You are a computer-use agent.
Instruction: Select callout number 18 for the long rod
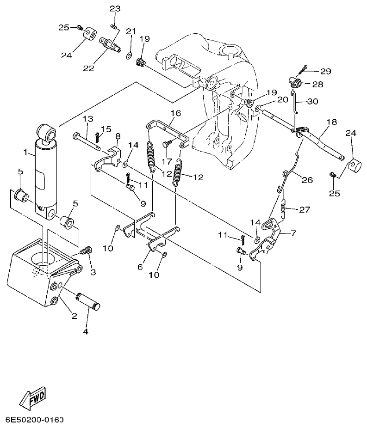[331, 122]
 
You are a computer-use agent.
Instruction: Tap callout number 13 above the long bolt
[88, 119]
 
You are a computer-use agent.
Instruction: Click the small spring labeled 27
[283, 208]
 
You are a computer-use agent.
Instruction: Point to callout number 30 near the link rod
[312, 102]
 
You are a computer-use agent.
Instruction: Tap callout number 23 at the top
[114, 9]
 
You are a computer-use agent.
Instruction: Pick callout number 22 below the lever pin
[88, 68]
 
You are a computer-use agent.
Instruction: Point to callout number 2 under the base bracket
[74, 316]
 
